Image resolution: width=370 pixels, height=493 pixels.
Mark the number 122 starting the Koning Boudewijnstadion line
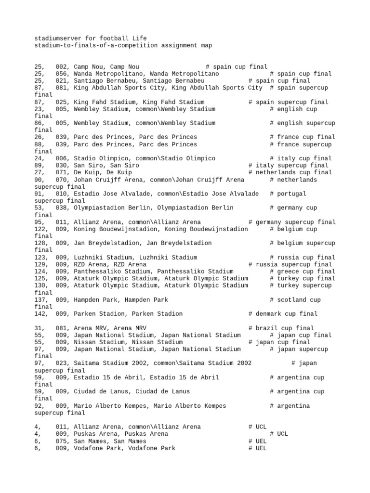(41, 229)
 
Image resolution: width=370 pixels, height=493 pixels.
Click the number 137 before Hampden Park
(41, 299)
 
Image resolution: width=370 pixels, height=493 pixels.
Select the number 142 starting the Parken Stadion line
(41, 313)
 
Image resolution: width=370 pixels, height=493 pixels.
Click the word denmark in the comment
(269, 313)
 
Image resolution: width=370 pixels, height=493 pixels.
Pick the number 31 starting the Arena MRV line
(38, 328)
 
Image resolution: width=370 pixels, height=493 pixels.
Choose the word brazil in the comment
(267, 328)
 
